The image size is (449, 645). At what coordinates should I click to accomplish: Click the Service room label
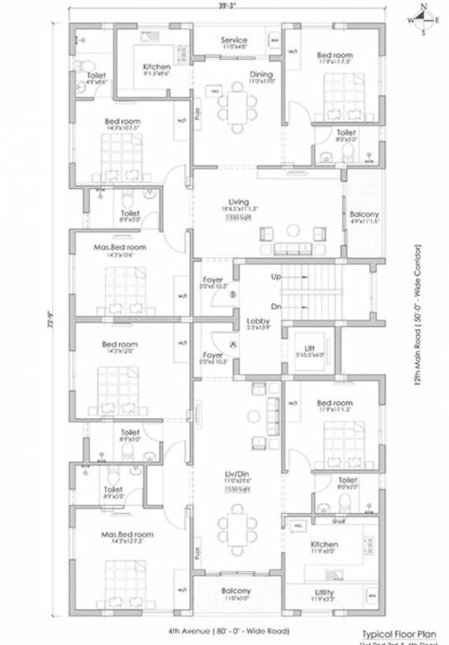pyautogui.click(x=234, y=40)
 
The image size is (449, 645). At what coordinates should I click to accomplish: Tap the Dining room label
pyautogui.click(x=261, y=75)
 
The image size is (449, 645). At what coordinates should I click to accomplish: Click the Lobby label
pyautogui.click(x=257, y=322)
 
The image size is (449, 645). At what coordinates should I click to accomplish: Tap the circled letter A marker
pyautogui.click(x=233, y=345)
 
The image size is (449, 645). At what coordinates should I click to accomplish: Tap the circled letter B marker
pyautogui.click(x=233, y=294)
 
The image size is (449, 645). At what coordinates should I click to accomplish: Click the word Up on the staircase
pyautogui.click(x=276, y=276)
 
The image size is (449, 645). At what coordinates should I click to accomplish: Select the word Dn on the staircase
pyautogui.click(x=276, y=306)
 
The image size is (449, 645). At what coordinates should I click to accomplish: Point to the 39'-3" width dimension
pyautogui.click(x=225, y=6)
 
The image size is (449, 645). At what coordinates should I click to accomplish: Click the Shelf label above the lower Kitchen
pyautogui.click(x=339, y=520)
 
